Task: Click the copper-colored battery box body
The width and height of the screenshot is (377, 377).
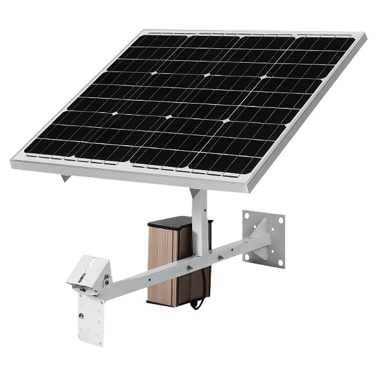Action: tap(163, 264)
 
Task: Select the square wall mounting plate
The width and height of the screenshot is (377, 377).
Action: tap(263, 238)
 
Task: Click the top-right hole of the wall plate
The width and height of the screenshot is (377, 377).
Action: tap(281, 220)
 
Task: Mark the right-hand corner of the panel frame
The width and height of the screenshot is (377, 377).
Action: tap(365, 36)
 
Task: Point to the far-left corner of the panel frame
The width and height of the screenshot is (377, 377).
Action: tap(11, 164)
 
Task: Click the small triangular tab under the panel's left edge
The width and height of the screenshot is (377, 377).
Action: tap(65, 179)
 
